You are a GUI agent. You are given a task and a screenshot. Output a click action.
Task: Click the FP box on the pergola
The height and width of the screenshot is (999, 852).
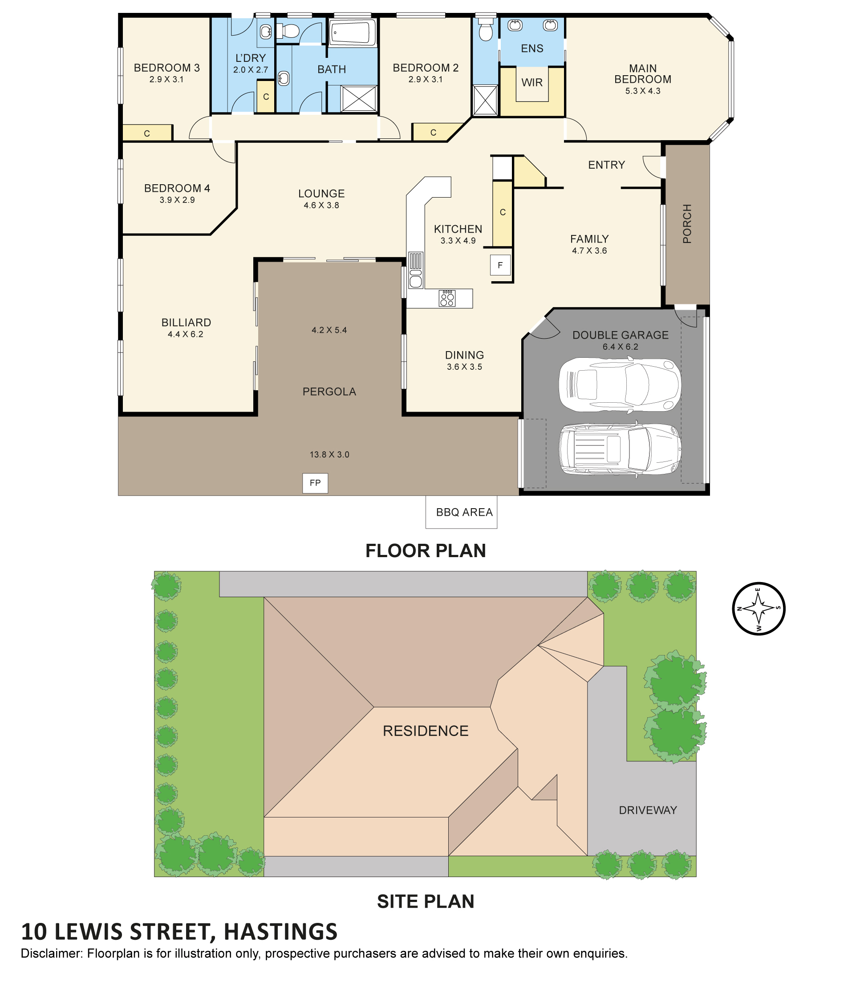pyautogui.click(x=315, y=483)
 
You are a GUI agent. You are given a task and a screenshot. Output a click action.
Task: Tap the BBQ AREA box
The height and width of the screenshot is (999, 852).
pyautogui.click(x=461, y=512)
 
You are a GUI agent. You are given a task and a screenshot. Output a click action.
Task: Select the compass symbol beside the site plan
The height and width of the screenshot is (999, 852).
pyautogui.click(x=759, y=608)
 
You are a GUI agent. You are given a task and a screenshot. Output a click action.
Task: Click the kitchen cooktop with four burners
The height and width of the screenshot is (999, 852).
pyautogui.click(x=447, y=299)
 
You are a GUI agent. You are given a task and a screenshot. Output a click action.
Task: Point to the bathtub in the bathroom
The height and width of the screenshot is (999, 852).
pyautogui.click(x=353, y=33)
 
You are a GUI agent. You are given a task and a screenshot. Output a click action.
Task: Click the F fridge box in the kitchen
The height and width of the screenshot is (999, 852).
pyautogui.click(x=500, y=265)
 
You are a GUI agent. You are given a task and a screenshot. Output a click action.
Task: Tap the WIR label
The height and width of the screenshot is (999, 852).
pyautogui.click(x=532, y=82)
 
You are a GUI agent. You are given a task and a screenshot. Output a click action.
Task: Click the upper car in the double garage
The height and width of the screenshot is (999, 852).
pyautogui.click(x=620, y=385)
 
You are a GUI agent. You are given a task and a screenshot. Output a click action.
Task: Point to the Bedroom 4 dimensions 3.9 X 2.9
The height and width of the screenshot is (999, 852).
pyautogui.click(x=177, y=200)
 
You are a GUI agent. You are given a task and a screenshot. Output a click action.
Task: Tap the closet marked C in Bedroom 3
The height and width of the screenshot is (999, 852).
pyautogui.click(x=147, y=133)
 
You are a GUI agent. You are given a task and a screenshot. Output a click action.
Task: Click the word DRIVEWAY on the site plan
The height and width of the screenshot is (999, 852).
pyautogui.click(x=648, y=810)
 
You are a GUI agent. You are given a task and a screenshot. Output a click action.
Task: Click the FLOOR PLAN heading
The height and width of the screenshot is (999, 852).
pyautogui.click(x=425, y=550)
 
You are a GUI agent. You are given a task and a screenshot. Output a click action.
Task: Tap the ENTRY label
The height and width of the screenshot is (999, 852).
pyautogui.click(x=606, y=165)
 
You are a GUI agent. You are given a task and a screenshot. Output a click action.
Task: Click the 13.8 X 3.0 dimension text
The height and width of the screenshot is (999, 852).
pyautogui.click(x=329, y=454)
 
